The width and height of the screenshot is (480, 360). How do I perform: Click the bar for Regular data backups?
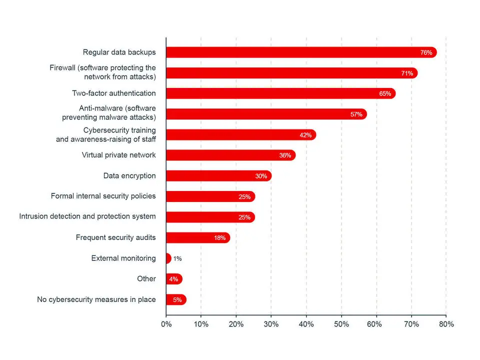click(300, 52)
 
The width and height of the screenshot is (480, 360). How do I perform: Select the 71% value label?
click(407, 73)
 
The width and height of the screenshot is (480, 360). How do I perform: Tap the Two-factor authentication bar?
click(280, 93)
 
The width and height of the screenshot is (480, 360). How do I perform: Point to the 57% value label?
click(356, 114)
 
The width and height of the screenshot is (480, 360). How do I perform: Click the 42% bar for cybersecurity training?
click(240, 135)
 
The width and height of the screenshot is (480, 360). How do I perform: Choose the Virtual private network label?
click(118, 155)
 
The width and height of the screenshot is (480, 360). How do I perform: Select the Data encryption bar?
click(218, 176)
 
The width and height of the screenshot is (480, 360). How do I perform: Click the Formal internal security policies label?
click(103, 196)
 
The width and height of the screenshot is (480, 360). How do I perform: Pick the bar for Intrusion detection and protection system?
click(210, 217)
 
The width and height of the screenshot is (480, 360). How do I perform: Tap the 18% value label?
click(219, 238)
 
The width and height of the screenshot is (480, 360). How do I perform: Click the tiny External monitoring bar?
click(168, 258)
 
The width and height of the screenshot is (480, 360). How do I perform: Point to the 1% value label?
click(177, 258)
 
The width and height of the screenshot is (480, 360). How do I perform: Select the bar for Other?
click(174, 279)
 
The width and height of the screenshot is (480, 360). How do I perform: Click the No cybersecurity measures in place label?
click(96, 299)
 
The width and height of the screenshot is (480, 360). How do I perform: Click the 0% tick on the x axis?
click(166, 324)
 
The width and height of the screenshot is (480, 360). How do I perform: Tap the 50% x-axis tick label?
click(341, 324)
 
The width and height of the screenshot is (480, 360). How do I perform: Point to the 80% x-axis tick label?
click(446, 324)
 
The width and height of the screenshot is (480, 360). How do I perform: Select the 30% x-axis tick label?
click(271, 324)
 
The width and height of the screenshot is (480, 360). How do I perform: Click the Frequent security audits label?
click(115, 237)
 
